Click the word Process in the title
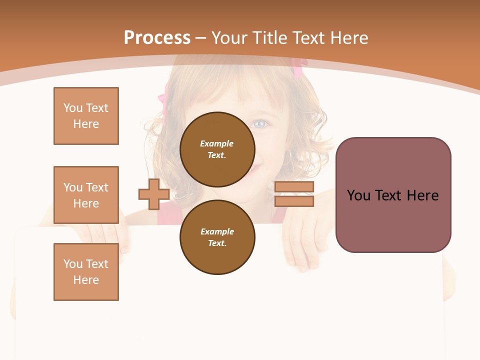click(157, 37)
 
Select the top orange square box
click(86, 116)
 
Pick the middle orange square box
click(86, 195)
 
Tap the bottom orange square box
click(86, 272)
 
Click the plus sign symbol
click(154, 194)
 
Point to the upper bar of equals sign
click(294, 187)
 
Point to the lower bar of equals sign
click(294, 201)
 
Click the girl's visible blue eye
click(259, 123)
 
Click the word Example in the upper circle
click(217, 143)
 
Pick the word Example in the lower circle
click(217, 231)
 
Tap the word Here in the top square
click(86, 124)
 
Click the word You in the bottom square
click(72, 264)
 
